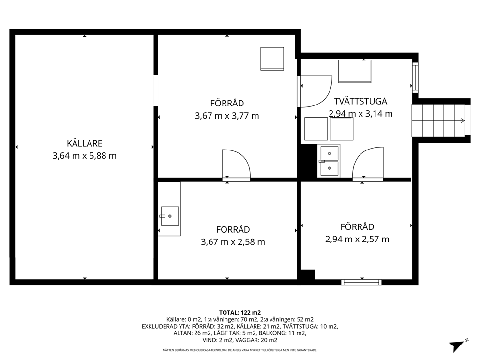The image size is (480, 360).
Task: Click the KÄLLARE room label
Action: tap(85, 143)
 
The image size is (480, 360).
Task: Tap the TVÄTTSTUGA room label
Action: tap(360, 101)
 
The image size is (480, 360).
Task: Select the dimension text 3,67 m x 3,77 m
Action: tap(227, 116)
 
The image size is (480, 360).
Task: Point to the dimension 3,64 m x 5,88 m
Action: tap(85, 156)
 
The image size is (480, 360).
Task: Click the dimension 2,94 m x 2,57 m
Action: tap(357, 239)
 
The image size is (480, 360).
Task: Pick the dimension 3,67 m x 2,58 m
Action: tap(233, 242)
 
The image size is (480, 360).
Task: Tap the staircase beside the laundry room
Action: tap(438, 120)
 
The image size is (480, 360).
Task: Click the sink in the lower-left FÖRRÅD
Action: tap(169, 216)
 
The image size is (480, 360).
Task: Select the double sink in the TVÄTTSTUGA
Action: tap(329, 161)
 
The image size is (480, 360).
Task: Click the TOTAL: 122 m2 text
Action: tap(240, 313)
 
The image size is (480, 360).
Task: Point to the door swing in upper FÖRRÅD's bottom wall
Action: tap(236, 164)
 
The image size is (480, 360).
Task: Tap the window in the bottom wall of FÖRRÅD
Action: tap(361, 282)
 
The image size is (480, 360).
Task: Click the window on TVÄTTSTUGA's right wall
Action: tap(415, 77)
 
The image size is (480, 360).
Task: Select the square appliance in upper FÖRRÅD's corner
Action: tap(272, 59)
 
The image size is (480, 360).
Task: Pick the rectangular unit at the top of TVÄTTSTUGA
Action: tap(355, 71)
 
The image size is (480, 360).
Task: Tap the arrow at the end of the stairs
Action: tap(463, 120)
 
